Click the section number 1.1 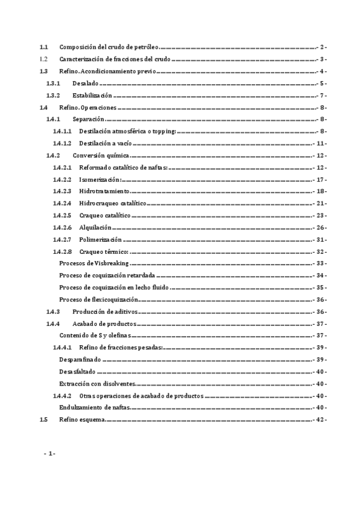(43, 47)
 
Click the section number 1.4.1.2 (62, 143)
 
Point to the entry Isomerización (100, 179)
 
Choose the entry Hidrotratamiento (104, 191)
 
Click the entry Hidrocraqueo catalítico (113, 203)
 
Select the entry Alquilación (96, 227)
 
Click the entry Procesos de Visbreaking (94, 263)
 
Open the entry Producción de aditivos (105, 312)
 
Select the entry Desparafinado (81, 360)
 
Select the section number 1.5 (43, 420)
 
